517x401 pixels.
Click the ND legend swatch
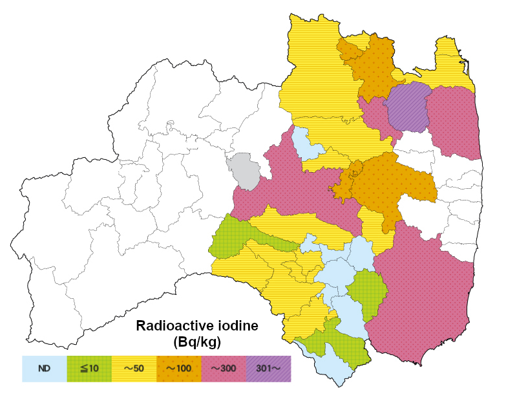click(x=44, y=369)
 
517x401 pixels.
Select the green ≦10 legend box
click(x=89, y=369)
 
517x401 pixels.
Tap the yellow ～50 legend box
click(x=134, y=369)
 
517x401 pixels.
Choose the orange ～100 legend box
click(x=179, y=369)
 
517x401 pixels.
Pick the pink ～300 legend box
click(x=224, y=369)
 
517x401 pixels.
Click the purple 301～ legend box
click(x=269, y=369)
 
